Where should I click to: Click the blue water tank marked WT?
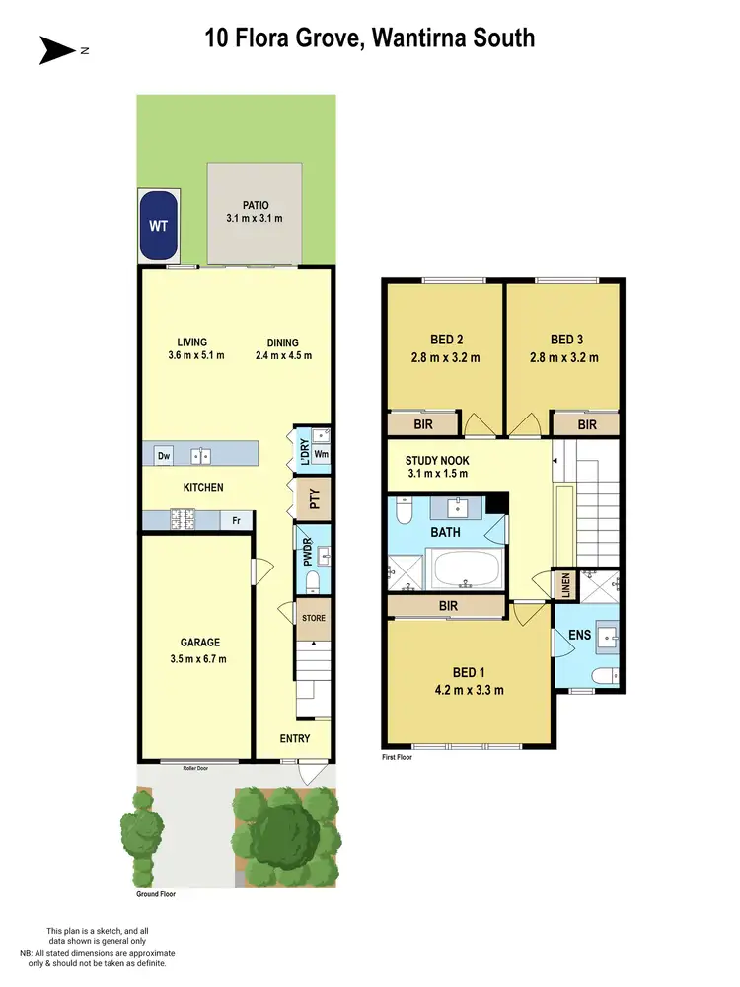[158, 225]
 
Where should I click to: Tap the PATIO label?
[252, 206]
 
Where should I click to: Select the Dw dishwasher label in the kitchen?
[164, 455]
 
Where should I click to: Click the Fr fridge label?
[237, 520]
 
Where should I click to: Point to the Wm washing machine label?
[321, 455]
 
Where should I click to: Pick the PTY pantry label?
[315, 498]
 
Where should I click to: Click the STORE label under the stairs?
[314, 619]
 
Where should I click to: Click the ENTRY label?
[295, 738]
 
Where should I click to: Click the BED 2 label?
[448, 337]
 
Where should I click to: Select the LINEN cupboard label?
[565, 585]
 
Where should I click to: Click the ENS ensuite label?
[580, 636]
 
